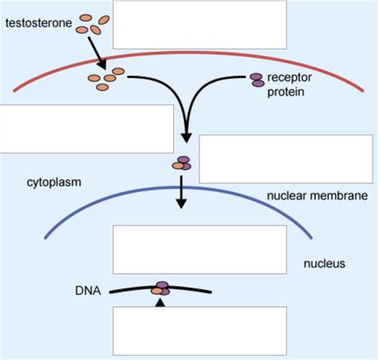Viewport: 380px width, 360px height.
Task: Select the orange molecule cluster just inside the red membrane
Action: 106,77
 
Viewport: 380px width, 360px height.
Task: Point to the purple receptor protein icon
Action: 257,79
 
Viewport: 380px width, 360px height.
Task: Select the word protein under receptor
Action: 286,91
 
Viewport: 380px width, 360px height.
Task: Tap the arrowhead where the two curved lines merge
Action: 187,136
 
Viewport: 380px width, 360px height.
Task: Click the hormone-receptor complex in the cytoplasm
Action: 182,164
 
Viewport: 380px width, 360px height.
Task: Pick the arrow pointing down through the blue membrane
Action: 182,192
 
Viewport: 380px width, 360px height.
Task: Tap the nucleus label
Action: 324,262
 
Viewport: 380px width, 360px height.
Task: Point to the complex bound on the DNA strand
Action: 161,287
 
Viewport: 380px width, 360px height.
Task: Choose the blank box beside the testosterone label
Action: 200,25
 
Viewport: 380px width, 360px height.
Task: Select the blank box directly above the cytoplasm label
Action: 87,128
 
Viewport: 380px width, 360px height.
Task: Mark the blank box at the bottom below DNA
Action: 199,330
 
